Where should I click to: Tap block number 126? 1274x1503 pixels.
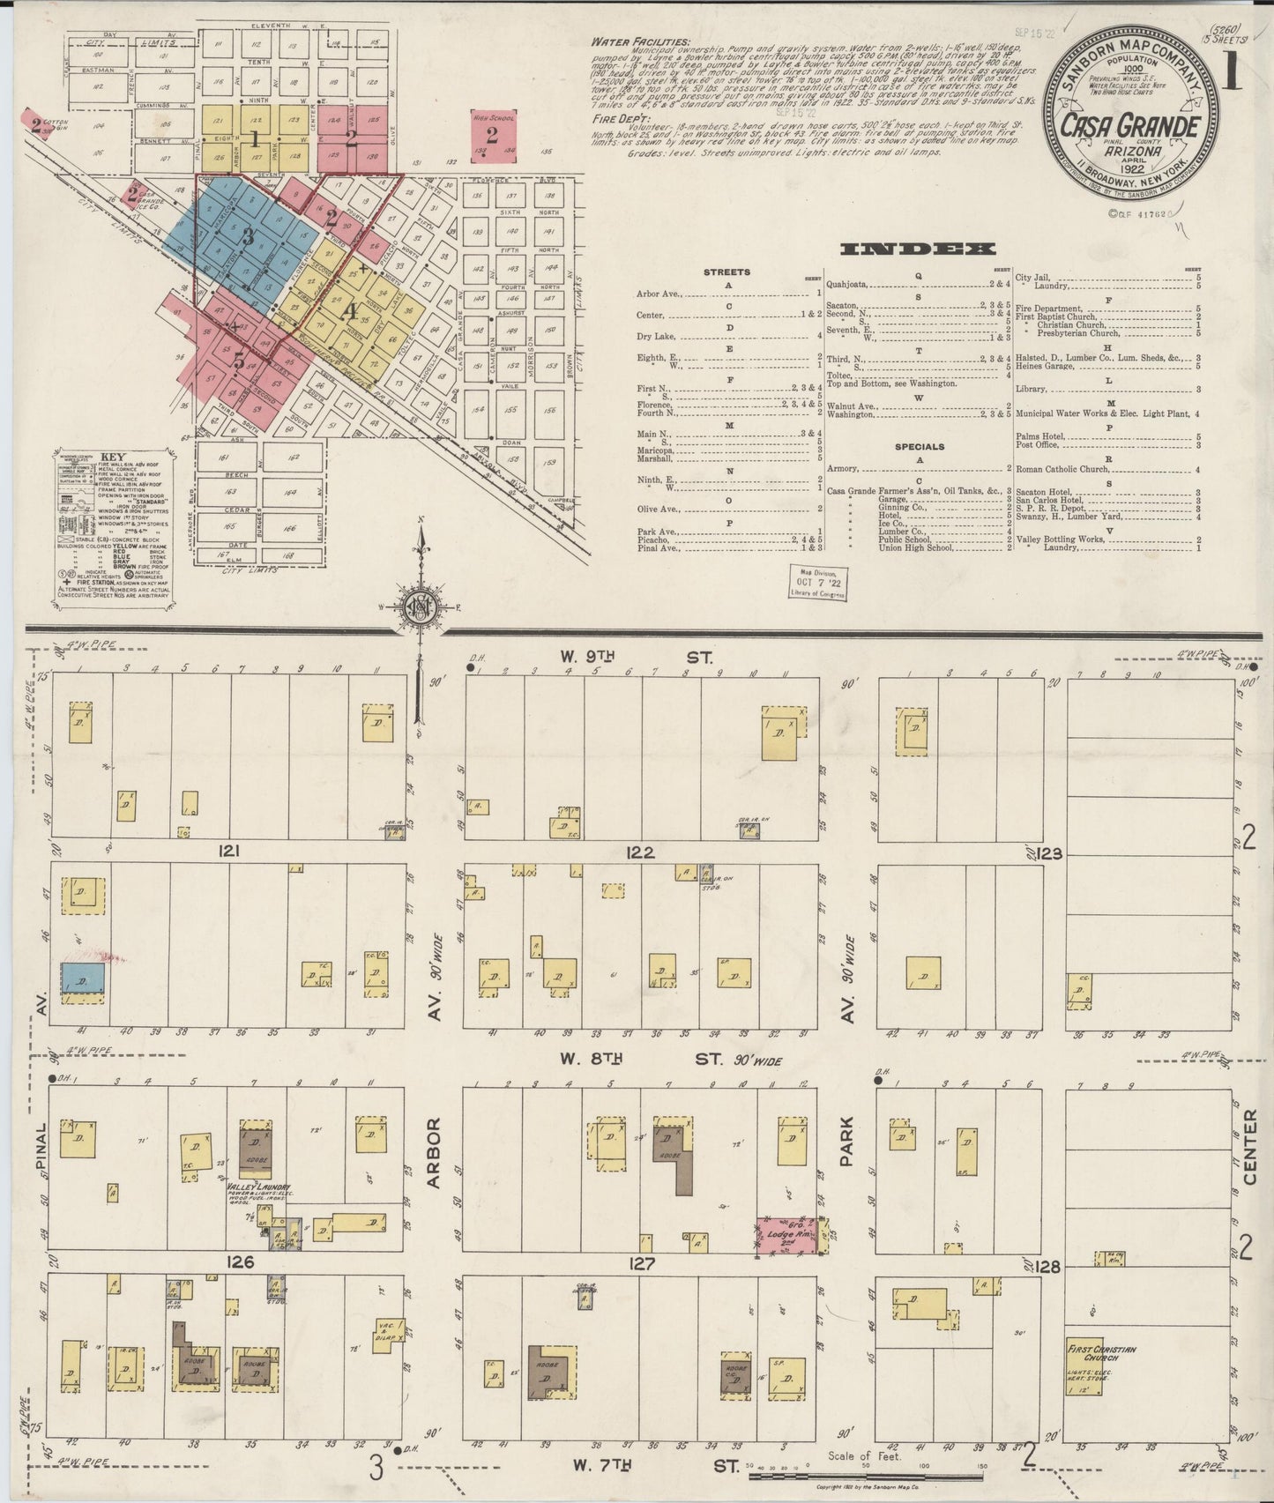(240, 1262)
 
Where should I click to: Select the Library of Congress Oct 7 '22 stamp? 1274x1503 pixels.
(817, 583)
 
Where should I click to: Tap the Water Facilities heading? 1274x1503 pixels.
(628, 41)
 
